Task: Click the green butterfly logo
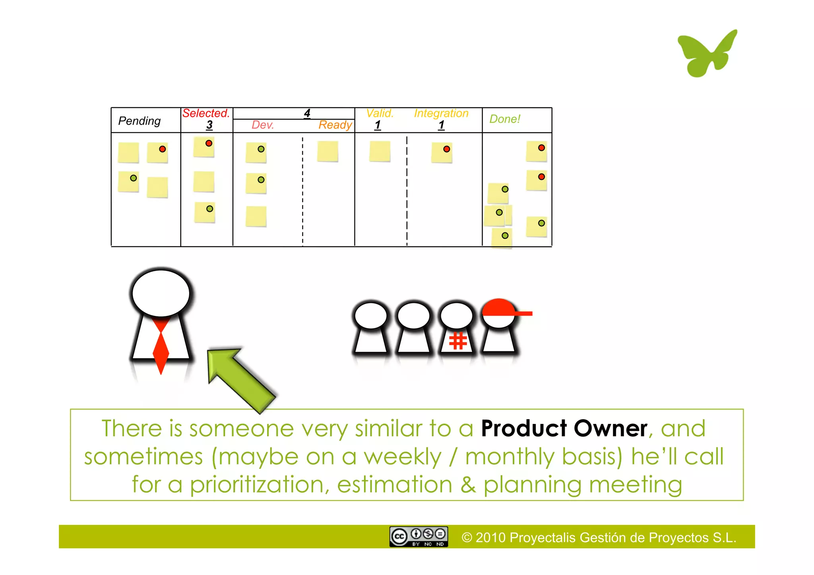707,54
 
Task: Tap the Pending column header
140,121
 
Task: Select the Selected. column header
206,113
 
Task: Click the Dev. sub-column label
263,125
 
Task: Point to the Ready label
335,125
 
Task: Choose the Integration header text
441,113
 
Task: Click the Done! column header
504,119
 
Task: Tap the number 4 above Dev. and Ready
307,113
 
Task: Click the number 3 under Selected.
209,125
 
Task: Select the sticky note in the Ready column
328,151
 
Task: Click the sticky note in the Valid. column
380,151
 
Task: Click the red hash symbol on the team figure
458,341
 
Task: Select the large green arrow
238,378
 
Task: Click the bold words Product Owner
564,428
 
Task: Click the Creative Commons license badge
419,537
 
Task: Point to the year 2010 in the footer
490,538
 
